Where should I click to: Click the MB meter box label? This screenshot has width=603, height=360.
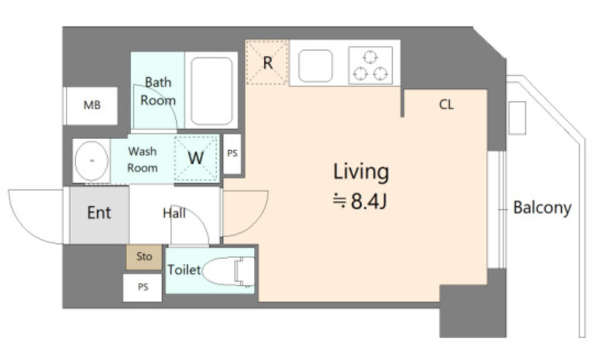point(92,105)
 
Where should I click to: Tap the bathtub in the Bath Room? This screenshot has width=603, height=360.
point(211,91)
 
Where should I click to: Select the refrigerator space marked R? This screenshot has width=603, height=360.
point(267,62)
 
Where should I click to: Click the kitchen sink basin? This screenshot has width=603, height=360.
point(316,66)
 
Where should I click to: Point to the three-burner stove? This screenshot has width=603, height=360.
point(370,65)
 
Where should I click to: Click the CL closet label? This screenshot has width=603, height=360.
point(446,104)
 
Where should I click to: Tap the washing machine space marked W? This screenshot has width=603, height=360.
point(196,158)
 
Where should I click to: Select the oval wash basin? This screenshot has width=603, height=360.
point(91,160)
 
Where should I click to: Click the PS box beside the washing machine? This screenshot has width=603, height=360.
point(232,153)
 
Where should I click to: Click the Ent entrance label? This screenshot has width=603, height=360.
point(99,213)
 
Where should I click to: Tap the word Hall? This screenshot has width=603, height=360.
point(174,213)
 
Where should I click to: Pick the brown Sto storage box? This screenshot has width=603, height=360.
point(144,256)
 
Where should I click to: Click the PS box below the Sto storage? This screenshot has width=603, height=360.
point(143,288)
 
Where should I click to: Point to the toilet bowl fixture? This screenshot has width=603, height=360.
point(228,272)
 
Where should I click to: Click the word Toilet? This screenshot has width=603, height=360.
point(184,270)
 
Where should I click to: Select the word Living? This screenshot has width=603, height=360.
point(361,172)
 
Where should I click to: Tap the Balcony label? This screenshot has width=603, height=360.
point(542,208)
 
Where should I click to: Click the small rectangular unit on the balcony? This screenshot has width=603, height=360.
point(517,118)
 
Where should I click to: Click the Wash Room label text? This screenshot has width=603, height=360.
point(143,160)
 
